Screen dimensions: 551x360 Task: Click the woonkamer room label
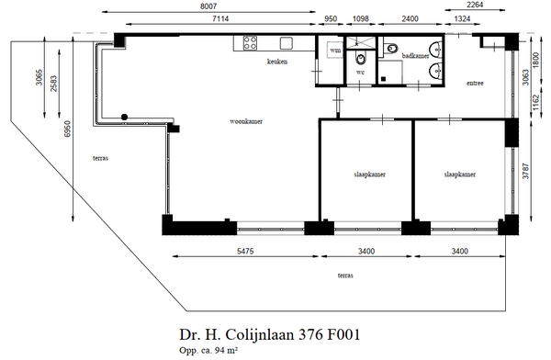pos(246,121)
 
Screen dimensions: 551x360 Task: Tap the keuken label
pos(277,62)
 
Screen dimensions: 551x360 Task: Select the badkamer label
pos(415,55)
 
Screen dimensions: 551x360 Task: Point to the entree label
pos(475,84)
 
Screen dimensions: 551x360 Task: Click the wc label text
pos(360,73)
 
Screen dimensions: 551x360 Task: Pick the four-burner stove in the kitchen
pos(250,43)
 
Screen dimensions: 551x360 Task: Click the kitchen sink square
pos(287,43)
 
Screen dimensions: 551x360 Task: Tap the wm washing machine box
pos(335,51)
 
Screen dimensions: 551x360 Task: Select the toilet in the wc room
pos(361,59)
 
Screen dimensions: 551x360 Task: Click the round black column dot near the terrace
pos(124,117)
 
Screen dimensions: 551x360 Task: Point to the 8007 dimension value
pos(208,6)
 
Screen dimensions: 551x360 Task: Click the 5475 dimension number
pos(245,251)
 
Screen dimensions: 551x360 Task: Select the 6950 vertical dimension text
pos(67,129)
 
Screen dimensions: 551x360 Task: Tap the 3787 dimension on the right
pos(525,171)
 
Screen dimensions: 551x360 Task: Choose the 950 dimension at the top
pos(331,18)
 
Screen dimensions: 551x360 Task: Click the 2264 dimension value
pos(475,5)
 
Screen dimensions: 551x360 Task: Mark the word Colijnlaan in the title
pos(259,334)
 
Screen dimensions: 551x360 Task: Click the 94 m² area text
pos(224,350)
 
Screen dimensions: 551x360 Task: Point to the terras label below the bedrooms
pos(345,276)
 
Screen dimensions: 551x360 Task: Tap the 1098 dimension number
pos(360,18)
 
